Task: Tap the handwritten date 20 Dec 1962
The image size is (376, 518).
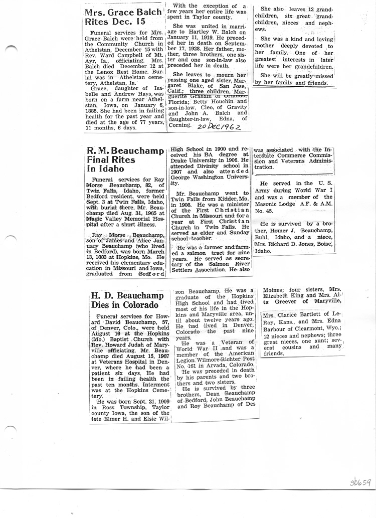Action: coord(219,127)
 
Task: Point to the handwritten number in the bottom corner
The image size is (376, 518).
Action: coord(359,482)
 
